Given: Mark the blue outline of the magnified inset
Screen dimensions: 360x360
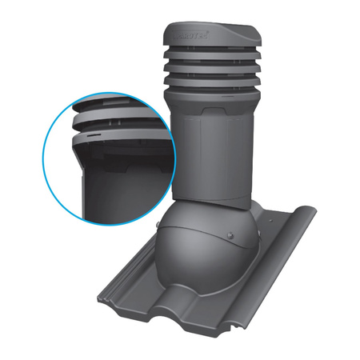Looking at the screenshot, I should click(x=49, y=156).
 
